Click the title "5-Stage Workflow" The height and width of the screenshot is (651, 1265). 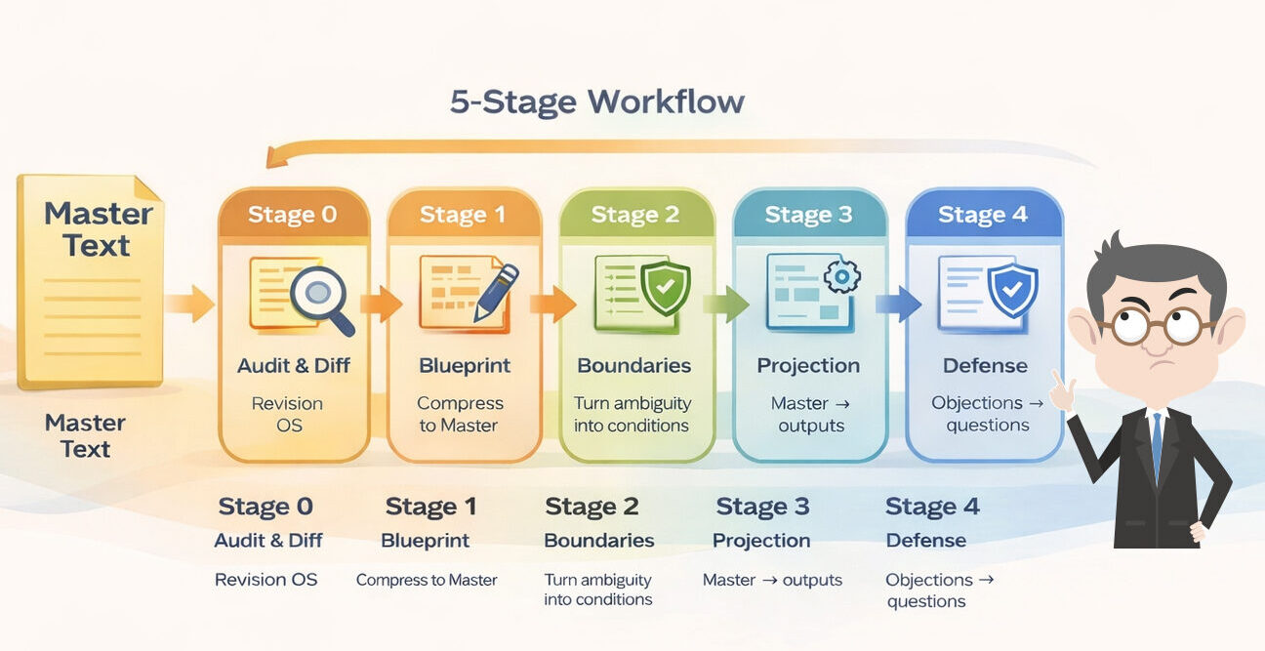point(596,102)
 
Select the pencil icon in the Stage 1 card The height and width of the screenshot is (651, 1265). point(495,291)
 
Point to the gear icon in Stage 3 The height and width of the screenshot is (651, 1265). point(840,277)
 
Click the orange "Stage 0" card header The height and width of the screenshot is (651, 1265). point(293,215)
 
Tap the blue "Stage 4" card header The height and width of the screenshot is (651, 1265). point(983,215)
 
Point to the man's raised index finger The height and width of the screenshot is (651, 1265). point(1056,382)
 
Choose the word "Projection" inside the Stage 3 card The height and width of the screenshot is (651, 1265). point(808,366)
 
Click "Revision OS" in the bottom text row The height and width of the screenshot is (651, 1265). point(265,580)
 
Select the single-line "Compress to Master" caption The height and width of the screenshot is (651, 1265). point(427,580)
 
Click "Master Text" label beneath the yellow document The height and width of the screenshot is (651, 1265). point(85,435)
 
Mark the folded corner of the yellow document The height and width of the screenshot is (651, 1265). point(148,189)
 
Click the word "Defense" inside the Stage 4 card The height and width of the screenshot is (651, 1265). point(984,366)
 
